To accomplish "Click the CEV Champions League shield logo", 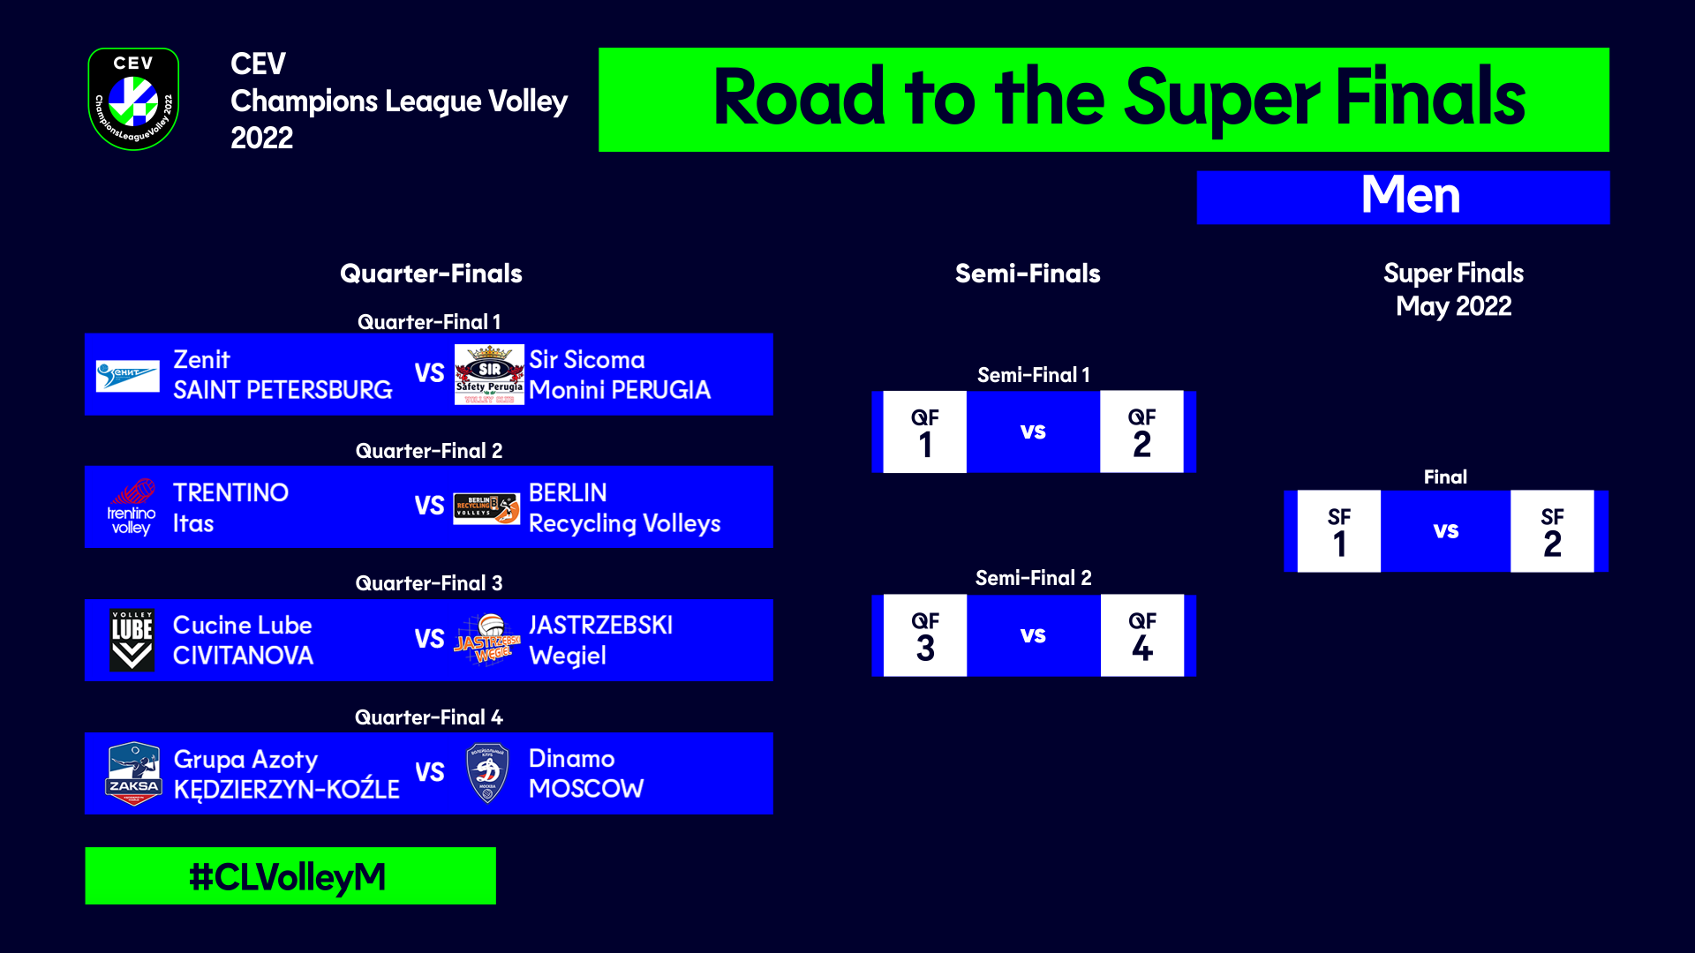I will click(133, 99).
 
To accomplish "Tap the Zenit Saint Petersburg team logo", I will click(128, 375).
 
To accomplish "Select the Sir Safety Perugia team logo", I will click(489, 375).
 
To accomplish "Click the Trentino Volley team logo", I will click(132, 507).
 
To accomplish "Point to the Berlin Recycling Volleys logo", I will click(486, 508).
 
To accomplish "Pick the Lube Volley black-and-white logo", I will click(132, 640).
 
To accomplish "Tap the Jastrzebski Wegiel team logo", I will click(487, 640).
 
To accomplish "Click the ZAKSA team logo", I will click(133, 774).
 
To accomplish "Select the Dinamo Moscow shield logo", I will click(487, 774).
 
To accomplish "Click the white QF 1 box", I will click(924, 432).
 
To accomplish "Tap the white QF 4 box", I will click(1141, 636).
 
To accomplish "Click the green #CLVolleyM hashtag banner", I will click(290, 876).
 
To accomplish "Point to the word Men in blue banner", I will click(1410, 196).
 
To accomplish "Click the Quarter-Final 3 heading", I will click(429, 583).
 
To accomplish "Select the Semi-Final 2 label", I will click(1033, 578).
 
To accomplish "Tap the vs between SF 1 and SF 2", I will click(1445, 531).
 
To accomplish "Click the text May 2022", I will click(1453, 306).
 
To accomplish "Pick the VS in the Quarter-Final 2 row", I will click(429, 507).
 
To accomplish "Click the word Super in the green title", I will click(1222, 99).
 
